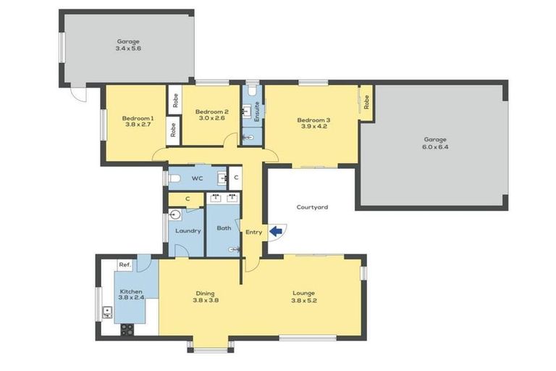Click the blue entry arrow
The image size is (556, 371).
(276, 232)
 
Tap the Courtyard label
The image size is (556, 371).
(312, 207)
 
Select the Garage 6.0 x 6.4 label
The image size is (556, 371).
(435, 143)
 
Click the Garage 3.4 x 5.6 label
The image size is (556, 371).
(128, 46)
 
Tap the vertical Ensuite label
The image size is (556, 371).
(257, 111)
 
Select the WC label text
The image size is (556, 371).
(197, 178)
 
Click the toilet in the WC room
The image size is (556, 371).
(174, 178)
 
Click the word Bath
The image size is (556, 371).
(224, 228)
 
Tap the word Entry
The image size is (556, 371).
(253, 232)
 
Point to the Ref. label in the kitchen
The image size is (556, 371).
(124, 265)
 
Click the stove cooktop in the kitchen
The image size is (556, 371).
(127, 328)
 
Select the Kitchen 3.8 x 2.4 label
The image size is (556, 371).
(132, 296)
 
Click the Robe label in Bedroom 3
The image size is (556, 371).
(366, 103)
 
